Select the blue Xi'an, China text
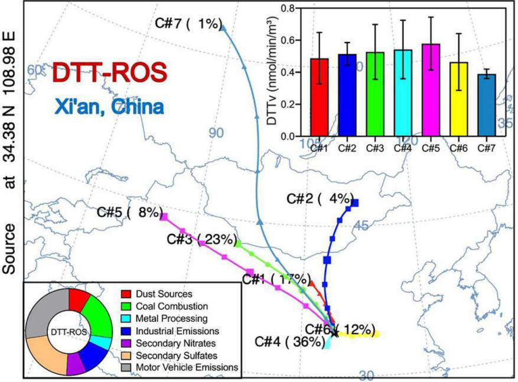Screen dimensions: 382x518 tap(109, 107)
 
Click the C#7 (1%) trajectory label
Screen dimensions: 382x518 tap(188, 24)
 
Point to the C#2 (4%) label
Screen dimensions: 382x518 tap(319, 198)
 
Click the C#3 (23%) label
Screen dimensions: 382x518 tap(201, 240)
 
